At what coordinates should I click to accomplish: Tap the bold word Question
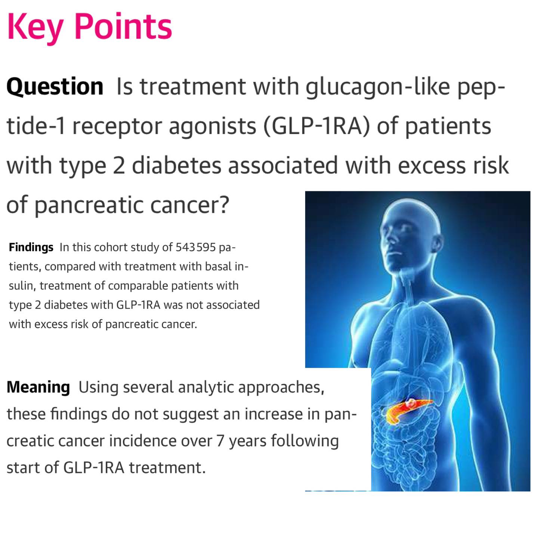click(x=55, y=87)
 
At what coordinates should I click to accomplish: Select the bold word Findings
click(x=31, y=248)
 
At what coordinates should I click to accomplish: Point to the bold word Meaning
click(x=38, y=387)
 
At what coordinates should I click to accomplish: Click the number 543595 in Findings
click(x=195, y=247)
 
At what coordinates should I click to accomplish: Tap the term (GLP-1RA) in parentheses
click(x=316, y=126)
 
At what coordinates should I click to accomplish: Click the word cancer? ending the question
click(x=190, y=205)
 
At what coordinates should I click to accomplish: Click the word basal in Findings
click(x=218, y=266)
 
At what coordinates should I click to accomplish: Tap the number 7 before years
click(x=220, y=441)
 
